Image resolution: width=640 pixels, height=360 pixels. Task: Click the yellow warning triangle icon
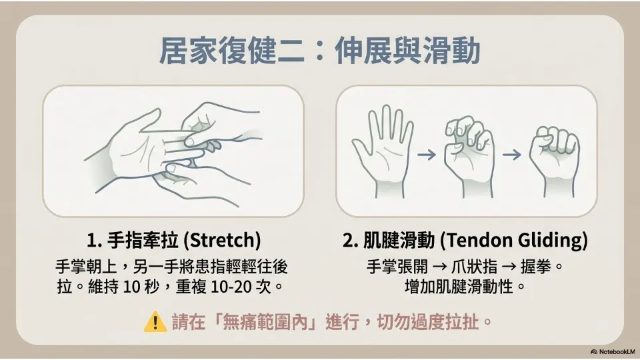155,321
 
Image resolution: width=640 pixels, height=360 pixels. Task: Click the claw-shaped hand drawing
469,157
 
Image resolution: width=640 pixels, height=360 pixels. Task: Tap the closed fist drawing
554,161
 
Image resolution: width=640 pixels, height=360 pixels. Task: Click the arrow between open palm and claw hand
427,155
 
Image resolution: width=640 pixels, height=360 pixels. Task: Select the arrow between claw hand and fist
512,155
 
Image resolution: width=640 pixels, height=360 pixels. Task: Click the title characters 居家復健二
231,51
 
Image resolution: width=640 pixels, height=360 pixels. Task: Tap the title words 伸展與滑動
407,51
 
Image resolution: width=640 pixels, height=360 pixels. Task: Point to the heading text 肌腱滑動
399,241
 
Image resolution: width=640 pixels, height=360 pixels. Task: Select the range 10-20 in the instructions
231,287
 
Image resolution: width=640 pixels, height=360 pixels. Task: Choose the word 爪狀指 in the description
474,267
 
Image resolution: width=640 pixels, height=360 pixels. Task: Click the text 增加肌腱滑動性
459,287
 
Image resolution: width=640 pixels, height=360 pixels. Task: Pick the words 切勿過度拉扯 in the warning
427,322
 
